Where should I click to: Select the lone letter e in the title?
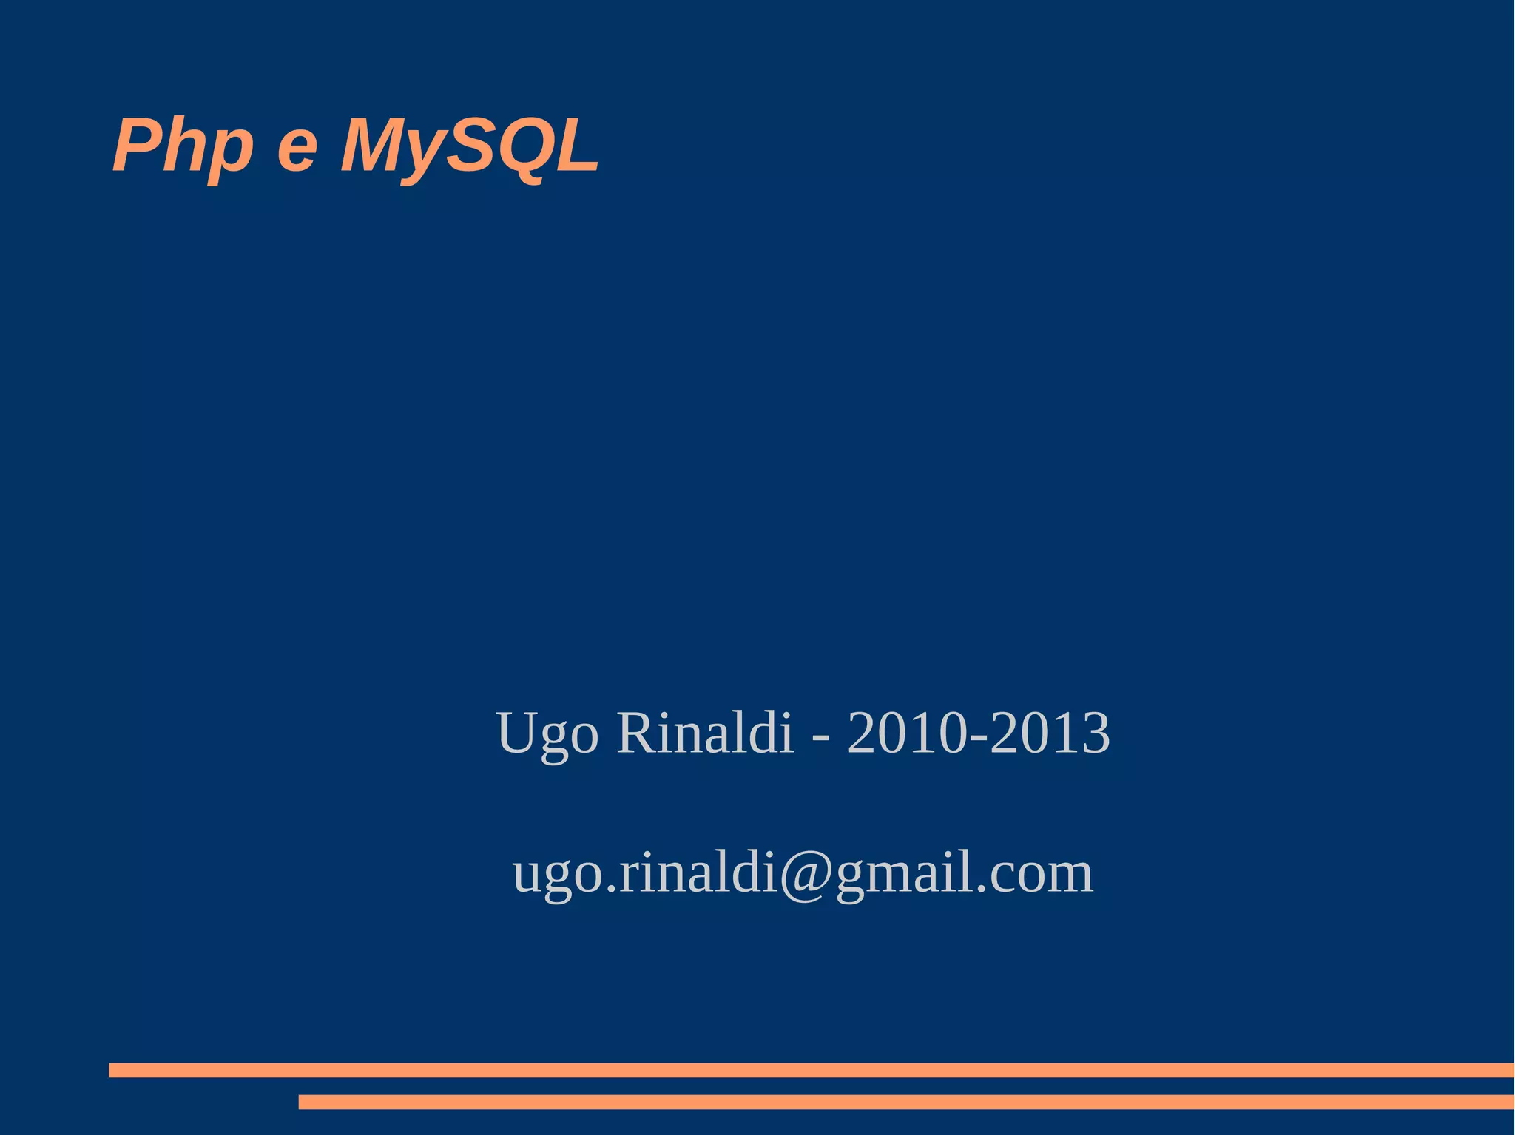pyautogui.click(x=297, y=149)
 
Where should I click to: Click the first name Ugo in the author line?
pyautogui.click(x=547, y=733)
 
